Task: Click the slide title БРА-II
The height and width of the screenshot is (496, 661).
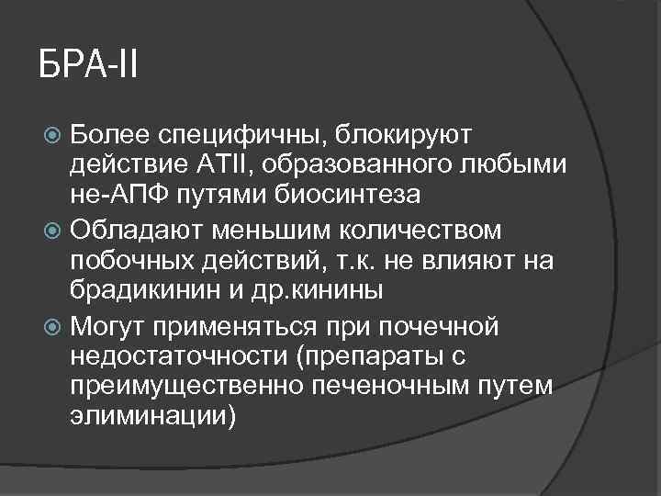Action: tap(88, 68)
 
